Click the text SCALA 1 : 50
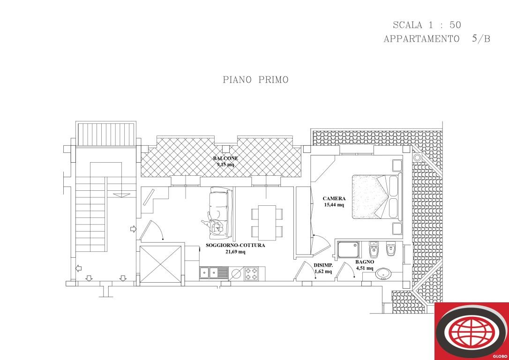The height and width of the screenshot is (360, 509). (x=427, y=25)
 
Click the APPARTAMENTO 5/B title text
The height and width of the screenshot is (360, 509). (x=436, y=39)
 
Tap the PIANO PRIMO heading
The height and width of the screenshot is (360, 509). (x=255, y=80)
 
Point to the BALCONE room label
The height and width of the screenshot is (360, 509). (x=225, y=158)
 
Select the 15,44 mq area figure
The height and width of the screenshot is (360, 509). (x=334, y=205)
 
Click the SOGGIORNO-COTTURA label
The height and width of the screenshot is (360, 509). (x=235, y=245)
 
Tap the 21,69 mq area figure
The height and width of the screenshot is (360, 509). (x=235, y=252)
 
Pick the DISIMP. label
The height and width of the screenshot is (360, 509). (x=323, y=265)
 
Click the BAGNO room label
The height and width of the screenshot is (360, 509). (x=365, y=262)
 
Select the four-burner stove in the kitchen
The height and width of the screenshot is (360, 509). (x=251, y=273)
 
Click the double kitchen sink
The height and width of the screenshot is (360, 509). (x=214, y=272)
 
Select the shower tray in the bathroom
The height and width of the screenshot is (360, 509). (x=348, y=249)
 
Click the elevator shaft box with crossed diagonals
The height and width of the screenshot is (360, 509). (x=161, y=263)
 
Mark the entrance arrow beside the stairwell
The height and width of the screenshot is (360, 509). (x=133, y=229)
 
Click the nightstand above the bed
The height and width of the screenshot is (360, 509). (x=397, y=165)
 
